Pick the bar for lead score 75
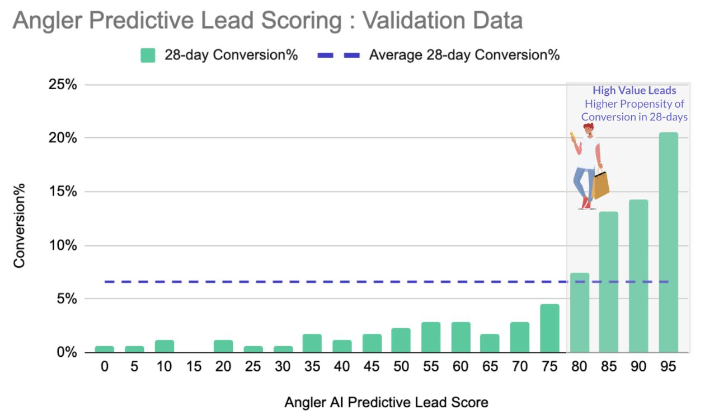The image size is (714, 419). [549, 328]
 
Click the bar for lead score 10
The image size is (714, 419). [165, 346]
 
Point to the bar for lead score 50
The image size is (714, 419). [401, 340]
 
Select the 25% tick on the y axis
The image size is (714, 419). [65, 85]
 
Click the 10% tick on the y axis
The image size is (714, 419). [65, 246]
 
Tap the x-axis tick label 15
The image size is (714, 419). [194, 367]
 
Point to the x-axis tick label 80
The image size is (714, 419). [579, 367]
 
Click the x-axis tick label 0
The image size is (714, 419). [105, 367]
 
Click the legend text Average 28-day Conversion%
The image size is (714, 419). [464, 55]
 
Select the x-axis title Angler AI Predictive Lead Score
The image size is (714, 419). [386, 402]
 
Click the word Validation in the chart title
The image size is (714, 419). [411, 21]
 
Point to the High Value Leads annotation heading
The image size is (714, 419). [635, 91]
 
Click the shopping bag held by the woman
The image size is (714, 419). [601, 185]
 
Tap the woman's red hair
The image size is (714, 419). [588, 128]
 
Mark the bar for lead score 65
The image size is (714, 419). [490, 343]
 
